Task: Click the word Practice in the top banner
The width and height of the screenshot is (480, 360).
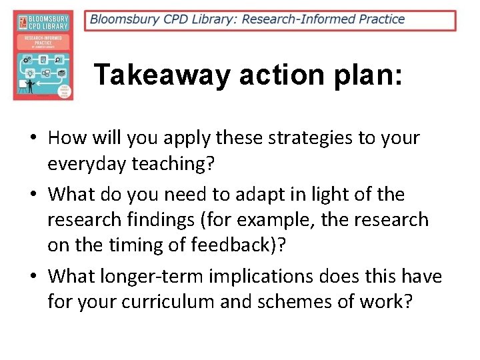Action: tap(381, 19)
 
